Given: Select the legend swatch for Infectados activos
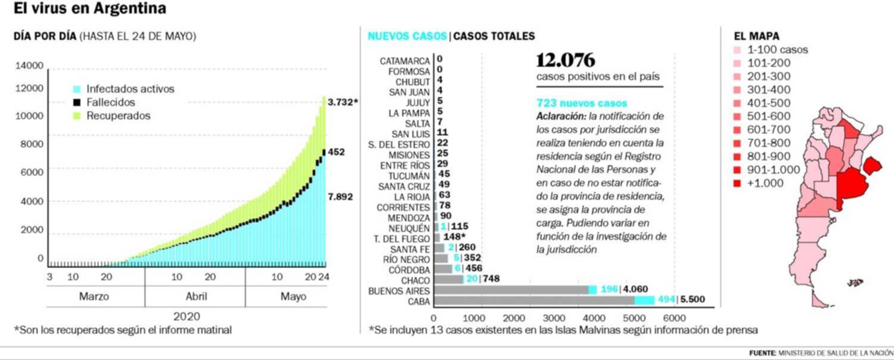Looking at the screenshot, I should (x=77, y=89).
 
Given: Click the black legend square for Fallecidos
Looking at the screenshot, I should (x=77, y=103).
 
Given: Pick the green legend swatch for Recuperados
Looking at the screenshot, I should (x=77, y=116).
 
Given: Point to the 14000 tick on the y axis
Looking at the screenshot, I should (x=29, y=66).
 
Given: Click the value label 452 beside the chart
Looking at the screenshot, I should (x=337, y=153).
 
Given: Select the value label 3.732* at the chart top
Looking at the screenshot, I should (x=343, y=103).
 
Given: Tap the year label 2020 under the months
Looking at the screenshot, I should (x=186, y=316).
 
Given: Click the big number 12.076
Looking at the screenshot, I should (x=566, y=61).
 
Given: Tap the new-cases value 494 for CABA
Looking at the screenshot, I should (x=665, y=300).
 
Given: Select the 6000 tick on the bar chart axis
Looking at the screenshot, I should (x=675, y=318).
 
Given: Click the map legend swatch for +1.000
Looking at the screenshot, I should (x=737, y=184).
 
